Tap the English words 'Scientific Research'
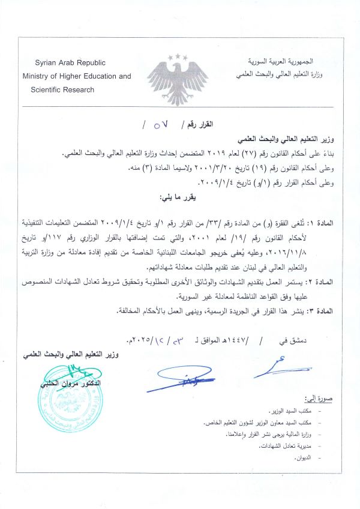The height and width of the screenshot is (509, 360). pyautogui.click(x=62, y=89)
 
